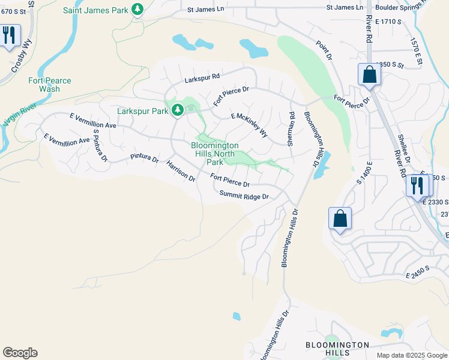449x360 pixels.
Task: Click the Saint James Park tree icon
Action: (137, 10)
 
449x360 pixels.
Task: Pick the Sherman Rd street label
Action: (291, 129)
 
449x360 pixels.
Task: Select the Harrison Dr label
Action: (181, 172)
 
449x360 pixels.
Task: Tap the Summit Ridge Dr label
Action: (243, 195)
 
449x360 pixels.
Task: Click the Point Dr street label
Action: (324, 50)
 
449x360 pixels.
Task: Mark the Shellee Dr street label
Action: (403, 150)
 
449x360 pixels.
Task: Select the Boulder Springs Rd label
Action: (403, 8)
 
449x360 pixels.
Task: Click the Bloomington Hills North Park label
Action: (215, 154)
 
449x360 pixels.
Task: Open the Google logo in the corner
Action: (20, 353)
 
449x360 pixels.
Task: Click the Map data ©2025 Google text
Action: (411, 355)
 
